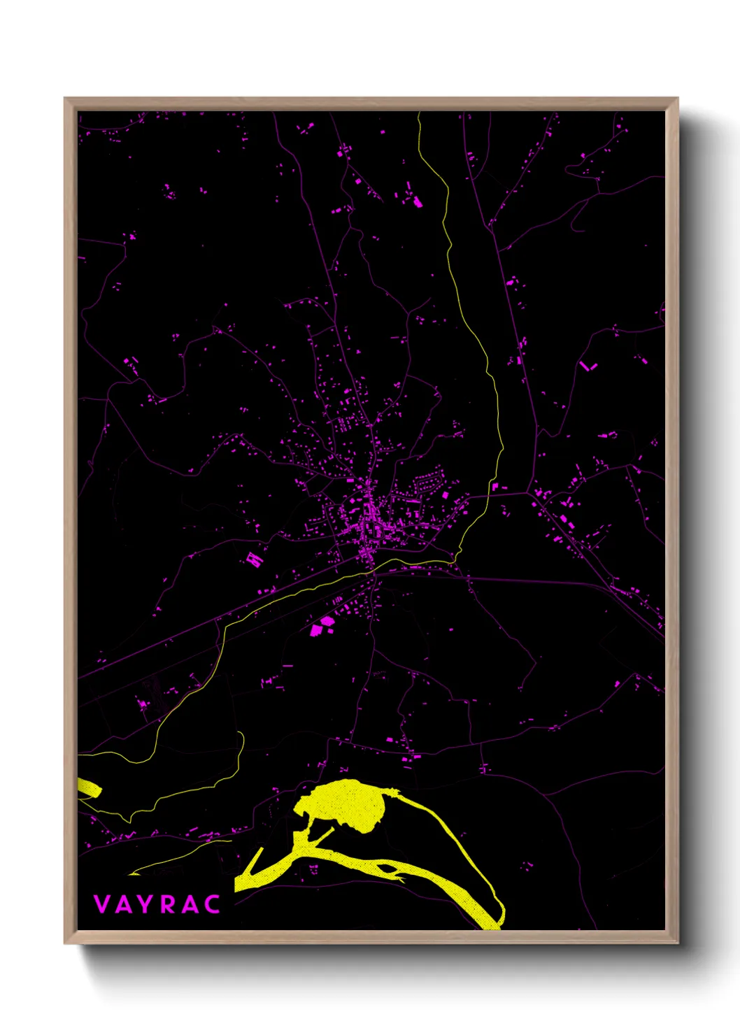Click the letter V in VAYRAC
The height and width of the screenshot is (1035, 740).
(101, 904)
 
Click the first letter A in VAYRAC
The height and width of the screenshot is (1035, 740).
(122, 904)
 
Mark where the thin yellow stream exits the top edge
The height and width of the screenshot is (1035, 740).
(419, 113)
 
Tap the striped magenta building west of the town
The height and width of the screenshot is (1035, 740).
(254, 559)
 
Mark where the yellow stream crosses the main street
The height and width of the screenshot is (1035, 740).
(373, 569)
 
